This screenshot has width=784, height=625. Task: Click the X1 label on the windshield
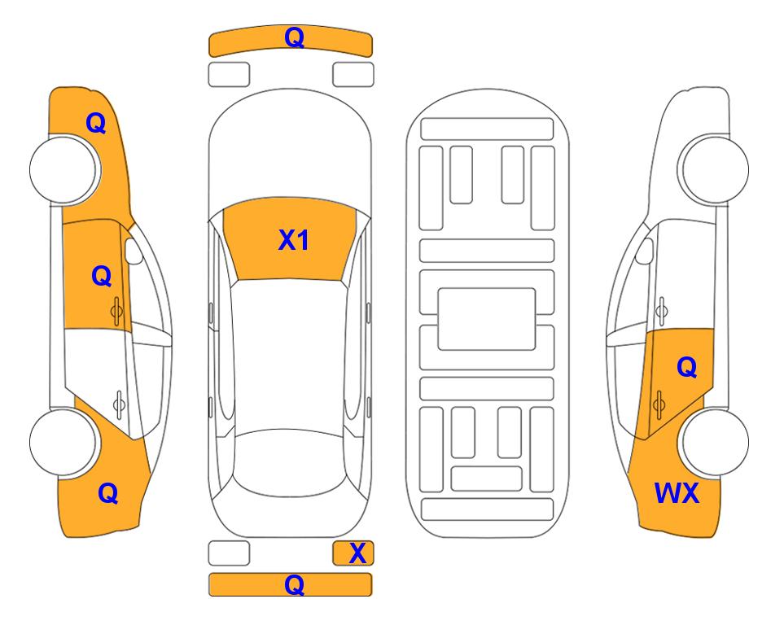[x=294, y=240]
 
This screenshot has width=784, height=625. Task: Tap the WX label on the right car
[x=677, y=493]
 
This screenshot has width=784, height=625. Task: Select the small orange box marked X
[x=353, y=553]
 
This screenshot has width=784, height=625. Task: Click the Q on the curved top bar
[x=294, y=37]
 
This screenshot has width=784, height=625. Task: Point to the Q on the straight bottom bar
[x=294, y=584]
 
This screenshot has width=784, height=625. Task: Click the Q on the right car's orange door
[x=686, y=367]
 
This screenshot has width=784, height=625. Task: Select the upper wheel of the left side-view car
[x=64, y=169]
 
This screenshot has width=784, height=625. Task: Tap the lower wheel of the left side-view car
[x=64, y=442]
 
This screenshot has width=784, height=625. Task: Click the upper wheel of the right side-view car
[x=713, y=169]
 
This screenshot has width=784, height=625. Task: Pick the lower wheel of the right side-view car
[x=714, y=442]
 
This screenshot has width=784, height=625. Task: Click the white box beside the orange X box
[x=229, y=553]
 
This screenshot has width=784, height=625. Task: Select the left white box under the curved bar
[x=229, y=75]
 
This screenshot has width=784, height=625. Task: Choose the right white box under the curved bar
[x=353, y=75]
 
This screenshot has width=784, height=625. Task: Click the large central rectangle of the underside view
[x=487, y=319]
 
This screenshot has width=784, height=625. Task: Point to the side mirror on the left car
[x=134, y=251]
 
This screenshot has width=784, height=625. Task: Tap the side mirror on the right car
[x=645, y=251]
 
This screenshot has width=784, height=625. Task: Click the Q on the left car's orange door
[x=102, y=276]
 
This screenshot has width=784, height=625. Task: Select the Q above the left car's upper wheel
[x=96, y=123]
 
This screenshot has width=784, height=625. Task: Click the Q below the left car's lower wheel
[x=108, y=493]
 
